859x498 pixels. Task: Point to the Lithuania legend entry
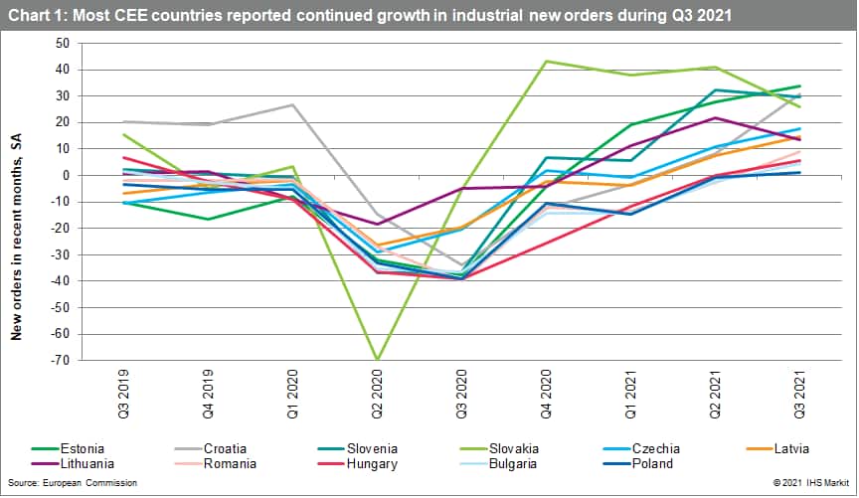pyautogui.click(x=78, y=463)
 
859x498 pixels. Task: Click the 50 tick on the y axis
pyautogui.click(x=62, y=44)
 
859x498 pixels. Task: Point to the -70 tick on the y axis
pyautogui.click(x=60, y=361)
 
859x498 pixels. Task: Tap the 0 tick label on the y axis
pyautogui.click(x=65, y=176)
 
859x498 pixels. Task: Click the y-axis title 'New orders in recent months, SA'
pyautogui.click(x=17, y=240)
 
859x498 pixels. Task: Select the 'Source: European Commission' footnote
pyautogui.click(x=71, y=483)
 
